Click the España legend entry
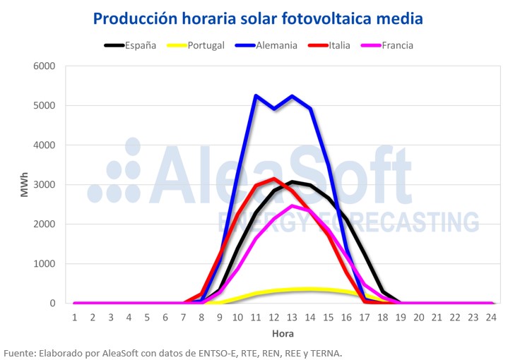(139, 45)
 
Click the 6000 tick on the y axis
(45, 66)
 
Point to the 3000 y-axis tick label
(45, 185)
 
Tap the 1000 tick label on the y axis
(45, 264)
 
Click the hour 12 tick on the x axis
(275, 317)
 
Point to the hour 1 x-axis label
(74, 317)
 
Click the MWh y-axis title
(25, 184)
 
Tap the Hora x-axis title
(283, 333)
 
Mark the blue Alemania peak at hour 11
(256, 95)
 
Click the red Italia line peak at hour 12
(275, 179)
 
